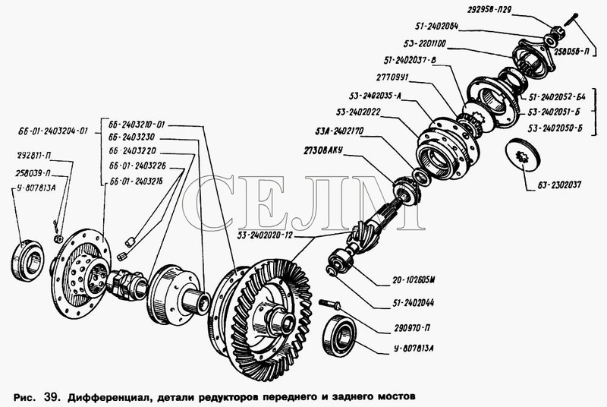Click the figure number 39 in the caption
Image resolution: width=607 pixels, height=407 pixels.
51,397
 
